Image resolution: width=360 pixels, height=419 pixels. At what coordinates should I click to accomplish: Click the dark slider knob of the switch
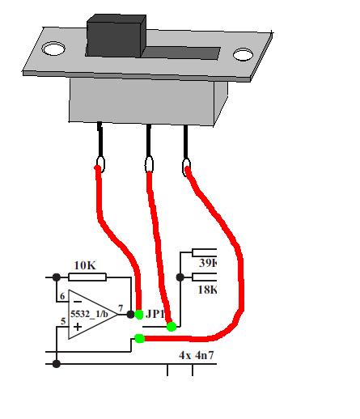click(116, 36)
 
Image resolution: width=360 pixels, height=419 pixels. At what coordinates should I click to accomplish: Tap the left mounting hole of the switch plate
click(53, 49)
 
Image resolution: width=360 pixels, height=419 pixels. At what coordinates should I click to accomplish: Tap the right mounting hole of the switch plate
click(243, 54)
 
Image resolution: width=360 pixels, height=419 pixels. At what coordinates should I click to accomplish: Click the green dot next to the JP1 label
click(139, 315)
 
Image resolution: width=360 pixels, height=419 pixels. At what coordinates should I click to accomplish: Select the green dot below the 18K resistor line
click(172, 327)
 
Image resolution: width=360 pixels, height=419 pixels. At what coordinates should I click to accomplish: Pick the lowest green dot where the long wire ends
click(139, 338)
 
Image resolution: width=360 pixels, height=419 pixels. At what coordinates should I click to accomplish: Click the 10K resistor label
click(85, 265)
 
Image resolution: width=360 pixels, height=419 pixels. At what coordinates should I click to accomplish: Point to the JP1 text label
click(155, 314)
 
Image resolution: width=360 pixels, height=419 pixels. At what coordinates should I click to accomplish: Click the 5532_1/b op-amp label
click(89, 314)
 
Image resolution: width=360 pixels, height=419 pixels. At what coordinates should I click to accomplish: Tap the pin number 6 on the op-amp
click(62, 296)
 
